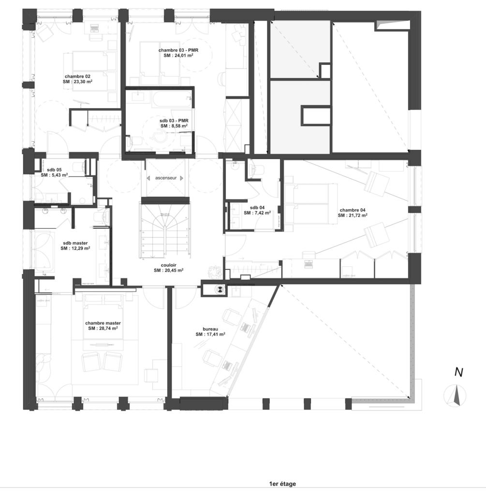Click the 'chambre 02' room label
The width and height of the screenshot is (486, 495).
pos(77,76)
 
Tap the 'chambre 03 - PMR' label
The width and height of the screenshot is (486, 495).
pos(178,50)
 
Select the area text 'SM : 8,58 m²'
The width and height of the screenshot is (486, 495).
pos(174,126)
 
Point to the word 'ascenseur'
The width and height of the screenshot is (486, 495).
pos(166,178)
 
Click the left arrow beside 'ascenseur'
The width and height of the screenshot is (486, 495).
pos(148,178)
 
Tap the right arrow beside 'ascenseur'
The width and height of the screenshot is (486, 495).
pos(181,178)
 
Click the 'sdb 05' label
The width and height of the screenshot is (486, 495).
pos(54,170)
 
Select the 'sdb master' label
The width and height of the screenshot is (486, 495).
pos(75,243)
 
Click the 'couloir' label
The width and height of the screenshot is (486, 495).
pos(169,265)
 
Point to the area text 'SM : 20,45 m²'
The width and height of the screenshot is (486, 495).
pos(169,270)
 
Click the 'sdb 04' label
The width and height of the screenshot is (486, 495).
pos(257,207)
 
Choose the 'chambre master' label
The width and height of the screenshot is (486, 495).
pos(103,323)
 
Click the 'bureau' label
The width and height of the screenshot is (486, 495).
pos(210,329)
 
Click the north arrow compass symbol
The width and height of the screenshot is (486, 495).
pos(455,395)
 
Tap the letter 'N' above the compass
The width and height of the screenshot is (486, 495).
pos(459,373)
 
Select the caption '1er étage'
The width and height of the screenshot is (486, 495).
pos(282,484)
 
